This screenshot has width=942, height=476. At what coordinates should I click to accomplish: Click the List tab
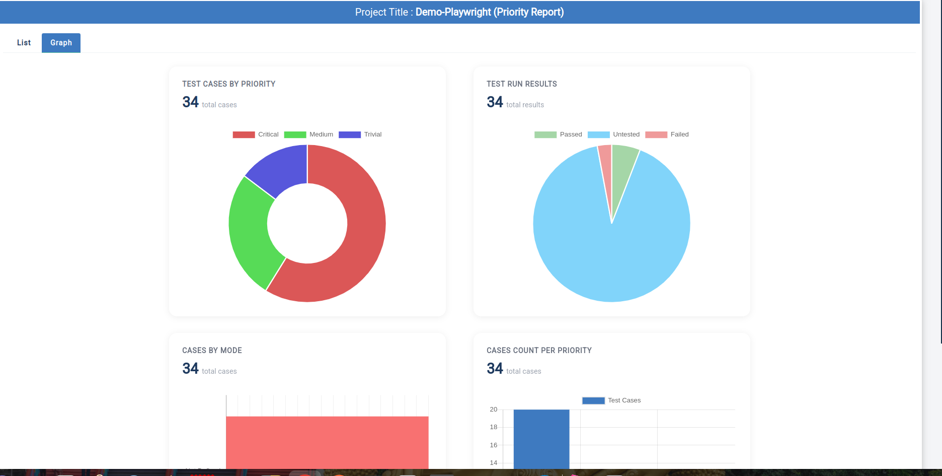pos(24,43)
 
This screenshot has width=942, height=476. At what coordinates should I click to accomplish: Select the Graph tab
pos(61,43)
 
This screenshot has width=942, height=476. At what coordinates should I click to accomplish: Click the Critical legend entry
pos(256,134)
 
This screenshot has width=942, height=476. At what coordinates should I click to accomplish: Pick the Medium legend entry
pos(308,134)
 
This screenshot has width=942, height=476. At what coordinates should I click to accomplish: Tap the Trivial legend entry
pos(360,134)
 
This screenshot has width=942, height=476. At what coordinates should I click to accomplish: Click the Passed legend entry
pos(558,134)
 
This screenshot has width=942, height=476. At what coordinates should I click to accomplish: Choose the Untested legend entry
pos(613,134)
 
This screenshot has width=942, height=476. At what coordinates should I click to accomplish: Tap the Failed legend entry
pos(667,134)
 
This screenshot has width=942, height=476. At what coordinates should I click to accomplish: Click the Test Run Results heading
pos(522,84)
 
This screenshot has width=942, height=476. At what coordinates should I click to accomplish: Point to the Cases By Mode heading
pos(212,351)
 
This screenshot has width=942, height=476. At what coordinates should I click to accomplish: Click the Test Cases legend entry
pos(611,400)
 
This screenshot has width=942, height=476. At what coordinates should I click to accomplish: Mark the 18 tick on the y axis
pos(494,427)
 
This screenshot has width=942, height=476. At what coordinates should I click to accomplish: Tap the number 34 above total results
pos(495,102)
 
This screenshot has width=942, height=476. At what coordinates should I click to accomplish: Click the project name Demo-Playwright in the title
pos(453,12)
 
